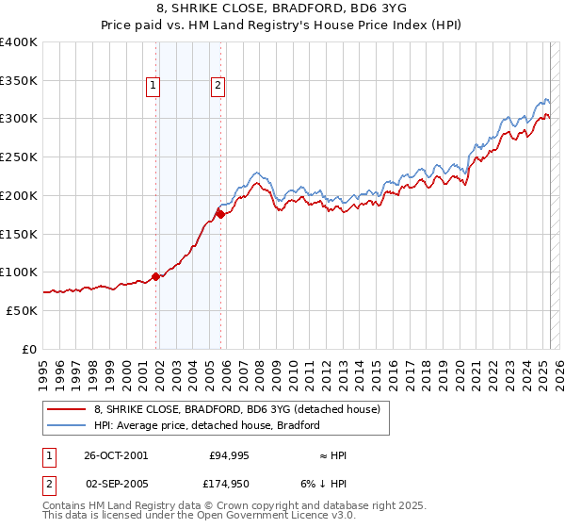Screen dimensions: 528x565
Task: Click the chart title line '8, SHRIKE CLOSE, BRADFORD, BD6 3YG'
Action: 282,10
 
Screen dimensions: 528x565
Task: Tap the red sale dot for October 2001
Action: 156,276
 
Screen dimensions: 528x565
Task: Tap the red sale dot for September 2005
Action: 220,215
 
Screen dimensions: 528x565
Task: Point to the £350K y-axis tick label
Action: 19,81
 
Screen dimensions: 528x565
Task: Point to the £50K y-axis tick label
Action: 23,310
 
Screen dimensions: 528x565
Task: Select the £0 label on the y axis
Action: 30,349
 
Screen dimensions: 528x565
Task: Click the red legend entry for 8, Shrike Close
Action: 236,409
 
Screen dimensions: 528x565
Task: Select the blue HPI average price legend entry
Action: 206,425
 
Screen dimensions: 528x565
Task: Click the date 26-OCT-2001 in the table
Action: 116,455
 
